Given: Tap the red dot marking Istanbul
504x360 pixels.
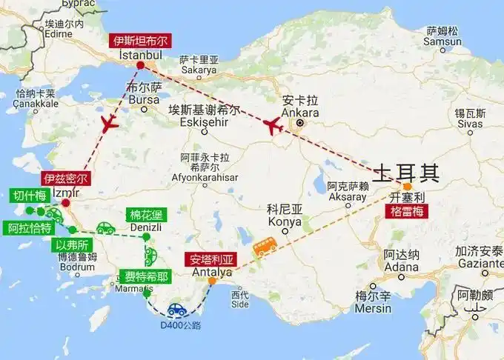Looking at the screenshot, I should pyautogui.click(x=140, y=66).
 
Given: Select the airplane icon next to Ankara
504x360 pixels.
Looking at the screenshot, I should pyautogui.click(x=273, y=126).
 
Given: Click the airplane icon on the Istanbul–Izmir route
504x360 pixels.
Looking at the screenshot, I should pyautogui.click(x=110, y=123).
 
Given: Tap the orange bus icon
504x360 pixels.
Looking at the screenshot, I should pyautogui.click(x=265, y=245).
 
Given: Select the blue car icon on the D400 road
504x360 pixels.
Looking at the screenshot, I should pyautogui.click(x=176, y=310).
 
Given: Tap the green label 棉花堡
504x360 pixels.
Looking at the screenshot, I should pyautogui.click(x=146, y=216).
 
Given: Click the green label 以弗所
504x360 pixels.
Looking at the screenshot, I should pyautogui.click(x=73, y=244).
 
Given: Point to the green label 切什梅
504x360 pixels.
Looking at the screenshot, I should pyautogui.click(x=30, y=196).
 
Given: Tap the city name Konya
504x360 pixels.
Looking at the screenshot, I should pyautogui.click(x=285, y=221).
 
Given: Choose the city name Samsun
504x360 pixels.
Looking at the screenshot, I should pyautogui.click(x=443, y=41).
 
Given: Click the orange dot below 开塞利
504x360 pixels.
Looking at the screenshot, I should pyautogui.click(x=407, y=187).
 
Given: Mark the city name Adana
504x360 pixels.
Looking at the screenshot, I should pyautogui.click(x=401, y=267).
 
